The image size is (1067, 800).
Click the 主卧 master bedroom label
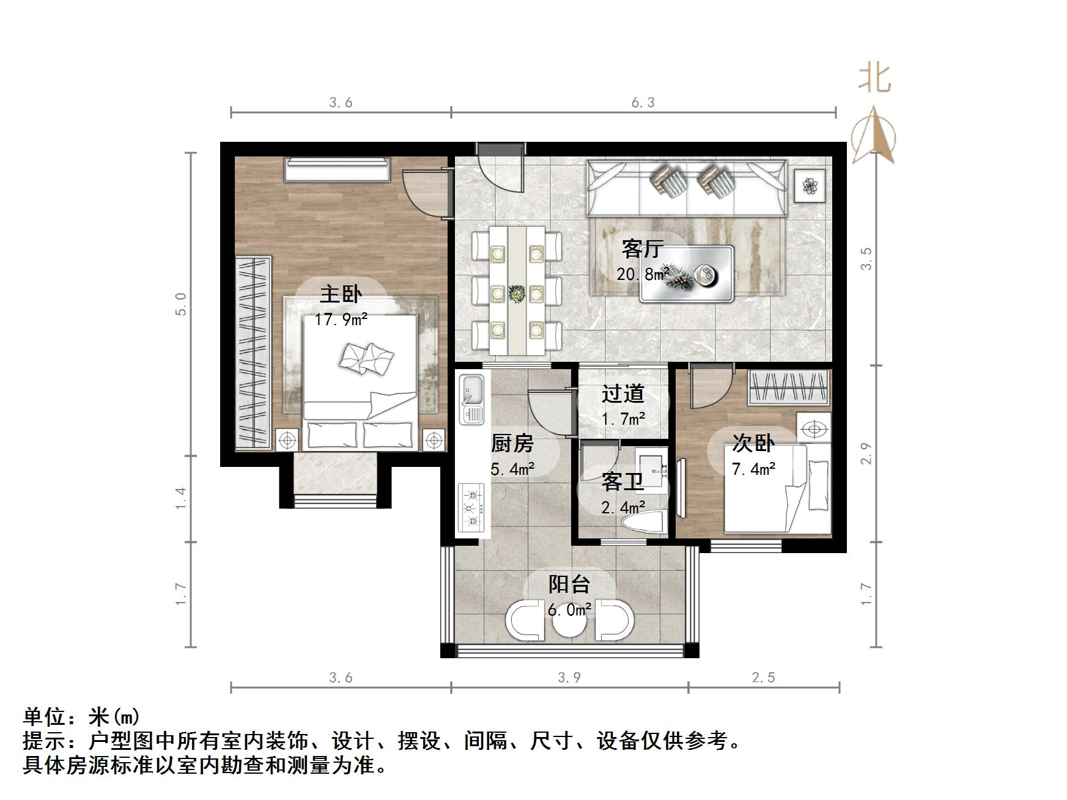(341, 295)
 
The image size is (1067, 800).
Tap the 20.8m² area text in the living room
(642, 274)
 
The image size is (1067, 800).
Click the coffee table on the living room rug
(686, 274)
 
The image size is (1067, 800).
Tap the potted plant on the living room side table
(811, 185)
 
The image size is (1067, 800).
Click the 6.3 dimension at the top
(643, 103)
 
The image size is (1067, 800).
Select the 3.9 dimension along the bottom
(569, 677)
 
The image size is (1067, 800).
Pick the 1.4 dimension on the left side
(180, 499)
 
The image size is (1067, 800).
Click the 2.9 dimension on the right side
(866, 453)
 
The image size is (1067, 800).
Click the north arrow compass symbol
(875, 138)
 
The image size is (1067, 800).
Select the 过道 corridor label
(623, 394)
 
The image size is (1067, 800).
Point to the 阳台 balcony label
(569, 584)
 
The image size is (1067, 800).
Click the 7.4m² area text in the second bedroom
(753, 469)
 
